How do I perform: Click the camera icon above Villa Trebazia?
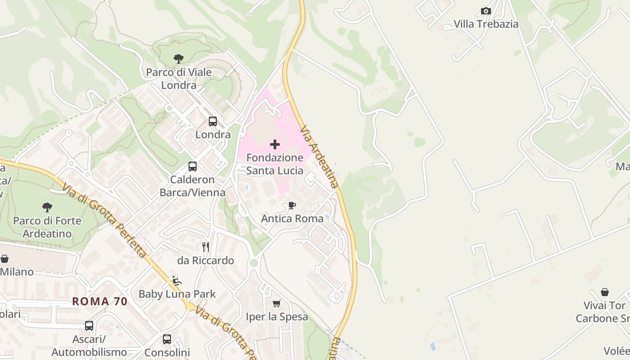[x=486, y=11]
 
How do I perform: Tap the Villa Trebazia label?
[x=486, y=24]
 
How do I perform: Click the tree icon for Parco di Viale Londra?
[x=179, y=58]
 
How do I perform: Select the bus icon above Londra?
[x=213, y=121]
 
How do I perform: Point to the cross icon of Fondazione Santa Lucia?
[x=274, y=144]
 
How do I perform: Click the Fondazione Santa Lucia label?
[x=274, y=164]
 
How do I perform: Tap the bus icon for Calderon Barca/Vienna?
[x=193, y=166]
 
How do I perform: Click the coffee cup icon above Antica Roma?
[x=292, y=206]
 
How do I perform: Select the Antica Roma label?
[x=292, y=219]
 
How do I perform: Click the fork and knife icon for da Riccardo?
[x=206, y=247]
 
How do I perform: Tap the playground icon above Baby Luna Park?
[x=177, y=281]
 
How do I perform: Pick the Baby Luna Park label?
[x=177, y=294]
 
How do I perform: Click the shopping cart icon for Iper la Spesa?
[x=276, y=303]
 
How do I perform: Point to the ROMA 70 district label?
[x=100, y=301]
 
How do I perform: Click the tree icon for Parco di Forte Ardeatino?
[x=47, y=207]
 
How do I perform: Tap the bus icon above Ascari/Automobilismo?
[x=89, y=325]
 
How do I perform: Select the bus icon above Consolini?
[x=167, y=339]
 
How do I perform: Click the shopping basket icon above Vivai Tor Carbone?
[x=605, y=292]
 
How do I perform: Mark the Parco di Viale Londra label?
[x=179, y=78]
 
